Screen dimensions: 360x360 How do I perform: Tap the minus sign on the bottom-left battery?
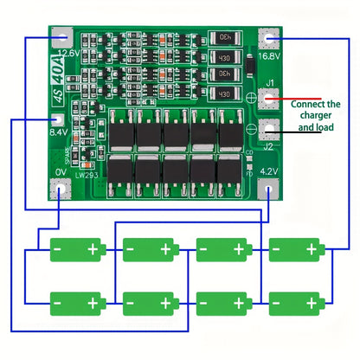57,304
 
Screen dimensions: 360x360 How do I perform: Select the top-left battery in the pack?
77,249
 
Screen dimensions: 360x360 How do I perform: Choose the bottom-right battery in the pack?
295,304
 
